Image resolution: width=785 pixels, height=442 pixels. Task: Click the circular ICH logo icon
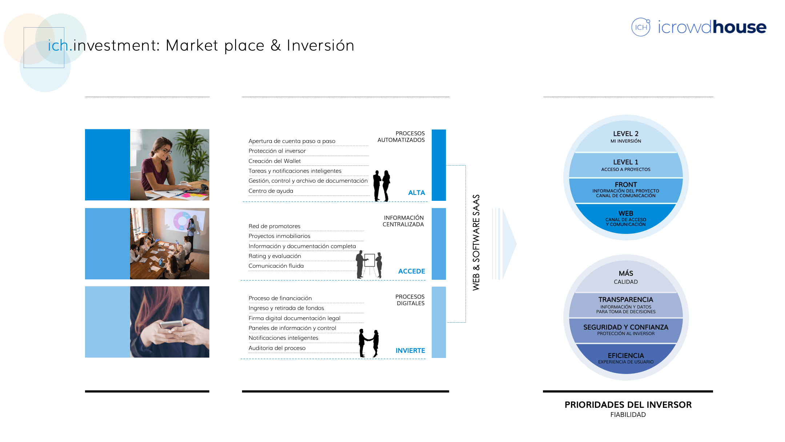pyautogui.click(x=641, y=27)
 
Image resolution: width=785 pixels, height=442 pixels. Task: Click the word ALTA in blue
pyautogui.click(x=416, y=193)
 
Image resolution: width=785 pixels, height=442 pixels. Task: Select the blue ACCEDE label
pyautogui.click(x=411, y=271)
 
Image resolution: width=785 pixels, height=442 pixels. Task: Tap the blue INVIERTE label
pyautogui.click(x=410, y=351)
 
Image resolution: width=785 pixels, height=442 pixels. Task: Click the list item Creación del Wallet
pyautogui.click(x=275, y=161)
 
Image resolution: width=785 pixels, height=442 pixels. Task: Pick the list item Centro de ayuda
pyautogui.click(x=271, y=191)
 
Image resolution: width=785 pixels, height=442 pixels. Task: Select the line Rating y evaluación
pyautogui.click(x=275, y=256)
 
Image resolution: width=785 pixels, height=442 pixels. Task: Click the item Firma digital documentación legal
pyautogui.click(x=294, y=318)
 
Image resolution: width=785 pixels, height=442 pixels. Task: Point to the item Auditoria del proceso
pyautogui.click(x=277, y=348)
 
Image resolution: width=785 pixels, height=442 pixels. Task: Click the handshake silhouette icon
pyautogui.click(x=369, y=343)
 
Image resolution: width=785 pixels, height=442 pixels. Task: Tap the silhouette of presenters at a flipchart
pyautogui.click(x=369, y=264)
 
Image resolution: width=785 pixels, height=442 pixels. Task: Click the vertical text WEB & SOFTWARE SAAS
pyautogui.click(x=476, y=243)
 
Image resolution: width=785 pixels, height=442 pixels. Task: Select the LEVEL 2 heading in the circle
pyautogui.click(x=626, y=134)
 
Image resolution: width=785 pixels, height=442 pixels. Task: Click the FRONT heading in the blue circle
pyautogui.click(x=626, y=185)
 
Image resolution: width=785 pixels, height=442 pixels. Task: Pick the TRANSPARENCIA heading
pyautogui.click(x=626, y=300)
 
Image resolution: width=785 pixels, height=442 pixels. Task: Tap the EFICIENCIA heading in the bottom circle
pyautogui.click(x=626, y=356)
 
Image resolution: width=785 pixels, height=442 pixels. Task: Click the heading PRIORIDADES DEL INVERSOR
pyautogui.click(x=628, y=405)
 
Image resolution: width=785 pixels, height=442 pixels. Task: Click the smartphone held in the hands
pyautogui.click(x=172, y=325)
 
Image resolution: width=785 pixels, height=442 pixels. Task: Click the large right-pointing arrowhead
pyautogui.click(x=509, y=244)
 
